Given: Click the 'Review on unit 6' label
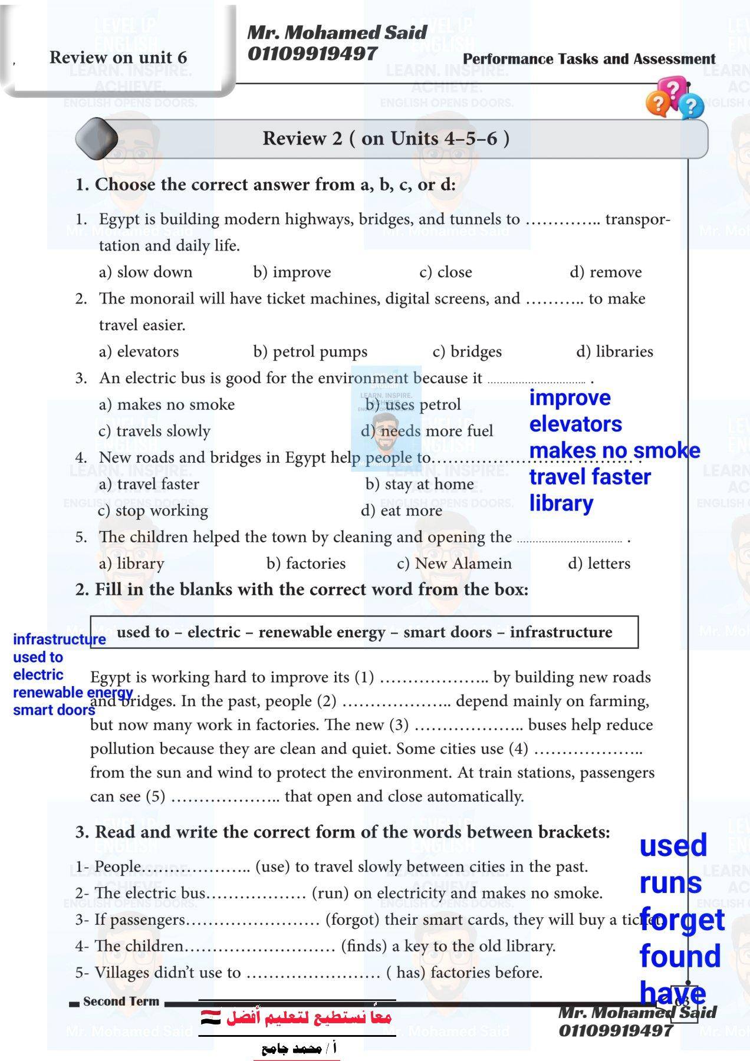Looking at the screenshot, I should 118,57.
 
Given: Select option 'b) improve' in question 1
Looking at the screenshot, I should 292,272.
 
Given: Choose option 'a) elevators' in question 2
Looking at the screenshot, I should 139,351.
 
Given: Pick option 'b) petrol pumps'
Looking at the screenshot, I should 310,351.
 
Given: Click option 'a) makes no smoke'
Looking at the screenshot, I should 167,404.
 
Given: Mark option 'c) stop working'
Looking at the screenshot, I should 153,510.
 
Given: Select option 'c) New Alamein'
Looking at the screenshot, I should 454,564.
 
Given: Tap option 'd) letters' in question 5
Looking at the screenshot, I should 599,564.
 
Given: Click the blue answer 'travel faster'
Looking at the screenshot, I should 590,477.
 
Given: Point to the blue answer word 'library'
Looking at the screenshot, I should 561,503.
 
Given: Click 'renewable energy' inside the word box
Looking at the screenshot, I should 322,632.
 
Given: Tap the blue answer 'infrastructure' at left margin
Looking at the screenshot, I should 59,640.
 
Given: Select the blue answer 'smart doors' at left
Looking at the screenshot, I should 54,710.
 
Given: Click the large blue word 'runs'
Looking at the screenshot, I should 670,883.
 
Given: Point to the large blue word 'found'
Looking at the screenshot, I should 680,956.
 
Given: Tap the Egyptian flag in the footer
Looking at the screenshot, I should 210,1017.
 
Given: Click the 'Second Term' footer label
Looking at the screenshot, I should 121,1001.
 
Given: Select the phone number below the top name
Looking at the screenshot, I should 312,54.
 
